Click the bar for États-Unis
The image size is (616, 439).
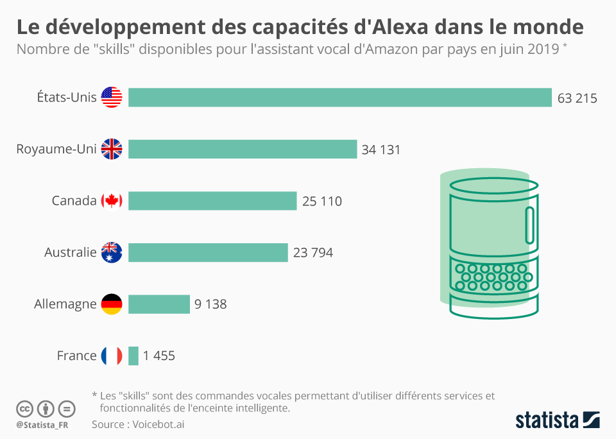click(340, 98)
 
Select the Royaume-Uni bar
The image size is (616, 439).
click(243, 149)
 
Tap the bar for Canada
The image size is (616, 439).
click(212, 201)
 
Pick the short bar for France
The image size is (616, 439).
click(133, 356)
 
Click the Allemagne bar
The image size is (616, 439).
click(159, 304)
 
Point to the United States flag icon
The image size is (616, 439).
click(112, 98)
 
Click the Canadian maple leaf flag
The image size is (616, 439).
click(112, 201)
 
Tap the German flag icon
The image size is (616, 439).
click(112, 304)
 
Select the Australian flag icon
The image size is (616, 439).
click(112, 252)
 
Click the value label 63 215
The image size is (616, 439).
click(577, 98)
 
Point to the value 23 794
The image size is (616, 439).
click(313, 253)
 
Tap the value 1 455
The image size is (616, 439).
click(159, 356)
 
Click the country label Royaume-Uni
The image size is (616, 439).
click(56, 150)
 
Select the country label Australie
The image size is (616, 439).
click(71, 252)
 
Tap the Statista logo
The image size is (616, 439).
click(557, 420)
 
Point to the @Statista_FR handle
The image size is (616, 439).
click(44, 425)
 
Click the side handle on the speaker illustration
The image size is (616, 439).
click(529, 225)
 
